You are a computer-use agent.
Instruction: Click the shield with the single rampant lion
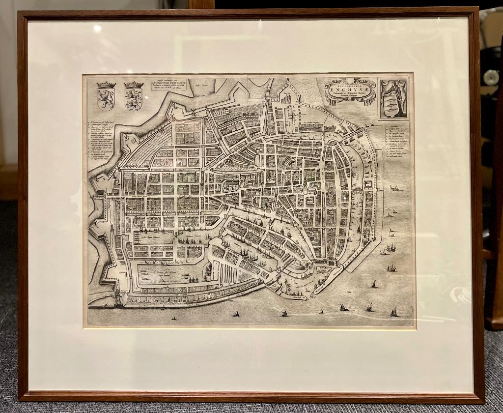(x=106, y=99)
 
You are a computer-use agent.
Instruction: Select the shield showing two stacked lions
(x=133, y=99)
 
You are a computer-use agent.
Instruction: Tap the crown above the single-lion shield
(x=106, y=85)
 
